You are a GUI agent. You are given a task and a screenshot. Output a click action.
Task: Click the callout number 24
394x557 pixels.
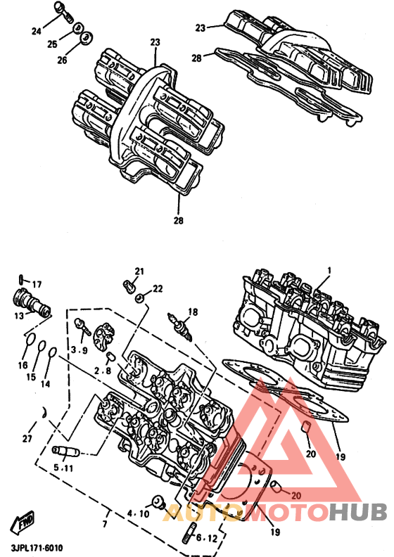pyautogui.click(x=37, y=32)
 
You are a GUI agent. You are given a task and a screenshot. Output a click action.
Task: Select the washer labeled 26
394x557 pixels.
pyautogui.click(x=87, y=38)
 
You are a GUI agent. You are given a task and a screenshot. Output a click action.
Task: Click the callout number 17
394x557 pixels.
pyautogui.click(x=37, y=285)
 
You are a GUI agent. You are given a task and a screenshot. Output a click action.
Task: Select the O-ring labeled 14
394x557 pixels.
pyautogui.click(x=53, y=352)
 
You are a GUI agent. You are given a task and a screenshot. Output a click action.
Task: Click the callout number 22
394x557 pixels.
pyautogui.click(x=158, y=289)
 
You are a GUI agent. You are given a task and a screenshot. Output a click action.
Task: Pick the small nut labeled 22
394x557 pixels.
pyautogui.click(x=141, y=298)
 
